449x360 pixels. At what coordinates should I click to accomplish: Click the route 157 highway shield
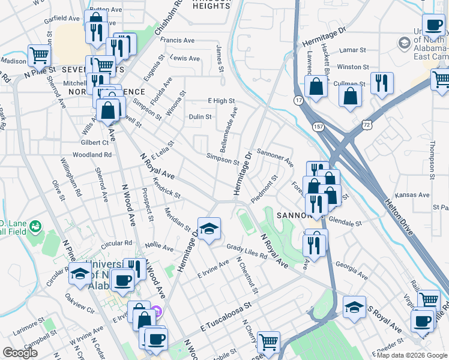pos(318,127)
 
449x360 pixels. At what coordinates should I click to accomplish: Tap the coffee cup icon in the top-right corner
pos(433,25)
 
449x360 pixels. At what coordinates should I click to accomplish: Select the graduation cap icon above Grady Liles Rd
pos(209,229)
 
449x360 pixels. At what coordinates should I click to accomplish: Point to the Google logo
pos(20,353)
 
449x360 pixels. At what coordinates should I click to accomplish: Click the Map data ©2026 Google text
pos(412,355)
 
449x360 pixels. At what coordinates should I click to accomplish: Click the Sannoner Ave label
pos(275,158)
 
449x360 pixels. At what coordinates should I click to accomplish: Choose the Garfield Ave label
pos(62,18)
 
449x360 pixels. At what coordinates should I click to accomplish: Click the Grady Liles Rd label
pos(247,251)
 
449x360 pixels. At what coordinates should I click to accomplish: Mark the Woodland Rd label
pos(95,154)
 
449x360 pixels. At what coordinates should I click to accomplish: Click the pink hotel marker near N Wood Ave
pos(157,311)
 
